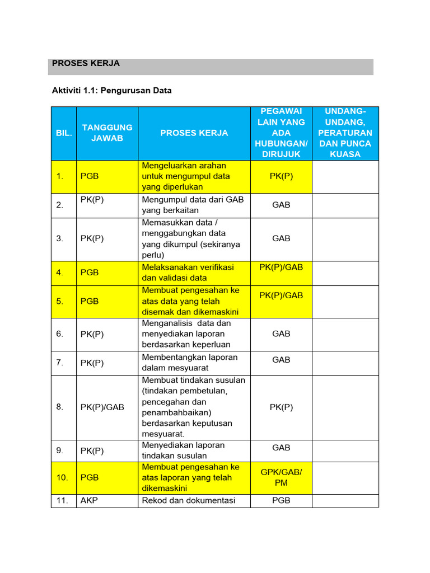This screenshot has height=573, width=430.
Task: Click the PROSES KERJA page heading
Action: click(86, 64)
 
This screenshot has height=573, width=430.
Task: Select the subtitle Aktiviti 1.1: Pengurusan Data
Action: click(111, 90)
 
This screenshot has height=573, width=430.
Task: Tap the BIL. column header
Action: click(63, 133)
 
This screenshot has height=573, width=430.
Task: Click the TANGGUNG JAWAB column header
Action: click(107, 133)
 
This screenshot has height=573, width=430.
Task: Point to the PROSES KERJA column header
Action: click(194, 133)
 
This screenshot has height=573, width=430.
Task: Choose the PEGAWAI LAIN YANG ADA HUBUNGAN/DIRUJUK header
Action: click(281, 133)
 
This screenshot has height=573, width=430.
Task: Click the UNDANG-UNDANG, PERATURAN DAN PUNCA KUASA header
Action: click(345, 133)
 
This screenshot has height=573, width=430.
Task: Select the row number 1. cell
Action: click(60, 176)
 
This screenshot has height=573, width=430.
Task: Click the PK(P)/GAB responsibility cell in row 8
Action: click(102, 407)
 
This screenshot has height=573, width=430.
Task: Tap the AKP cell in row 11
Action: click(88, 500)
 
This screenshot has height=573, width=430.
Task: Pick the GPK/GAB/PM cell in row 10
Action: click(281, 477)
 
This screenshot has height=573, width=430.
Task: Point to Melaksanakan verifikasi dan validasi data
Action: click(188, 273)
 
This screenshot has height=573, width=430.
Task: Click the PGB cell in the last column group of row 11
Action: click(281, 500)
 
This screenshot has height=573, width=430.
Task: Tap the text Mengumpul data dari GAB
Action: click(193, 199)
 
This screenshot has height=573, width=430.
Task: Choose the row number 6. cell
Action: click(60, 334)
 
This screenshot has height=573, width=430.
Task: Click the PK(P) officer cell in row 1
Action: click(281, 176)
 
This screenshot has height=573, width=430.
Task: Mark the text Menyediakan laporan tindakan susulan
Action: click(183, 450)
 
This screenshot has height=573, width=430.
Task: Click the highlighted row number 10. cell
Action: click(62, 477)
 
